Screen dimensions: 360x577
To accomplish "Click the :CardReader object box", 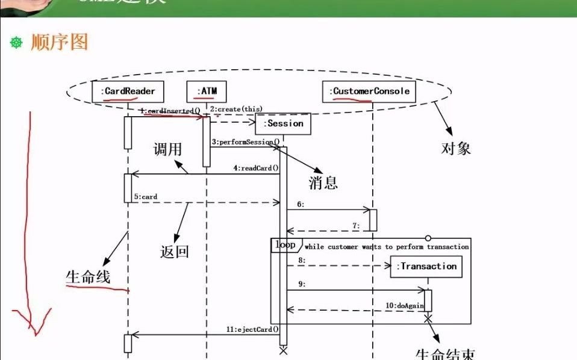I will tap(128, 92).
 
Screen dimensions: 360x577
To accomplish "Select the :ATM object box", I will tap(207, 92).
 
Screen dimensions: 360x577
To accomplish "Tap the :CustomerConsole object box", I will tap(369, 92).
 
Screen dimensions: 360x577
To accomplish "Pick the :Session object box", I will tap(282, 123).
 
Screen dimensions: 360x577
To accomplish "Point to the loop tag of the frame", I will tap(285, 245).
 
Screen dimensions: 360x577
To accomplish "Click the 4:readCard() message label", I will tap(256, 169).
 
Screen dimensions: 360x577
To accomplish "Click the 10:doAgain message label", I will tap(408, 305).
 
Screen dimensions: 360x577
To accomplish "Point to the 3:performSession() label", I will tap(245, 142).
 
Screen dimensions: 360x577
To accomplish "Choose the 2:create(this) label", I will tap(236, 109).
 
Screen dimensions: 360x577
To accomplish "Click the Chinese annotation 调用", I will tap(167, 149).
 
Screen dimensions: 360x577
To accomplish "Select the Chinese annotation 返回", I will tap(175, 251).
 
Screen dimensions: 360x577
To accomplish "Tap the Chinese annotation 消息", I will tap(323, 182).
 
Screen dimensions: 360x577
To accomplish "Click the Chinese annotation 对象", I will tap(455, 147).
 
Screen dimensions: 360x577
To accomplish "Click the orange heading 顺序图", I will tap(60, 42).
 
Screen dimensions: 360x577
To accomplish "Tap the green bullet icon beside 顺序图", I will tap(17, 42).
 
